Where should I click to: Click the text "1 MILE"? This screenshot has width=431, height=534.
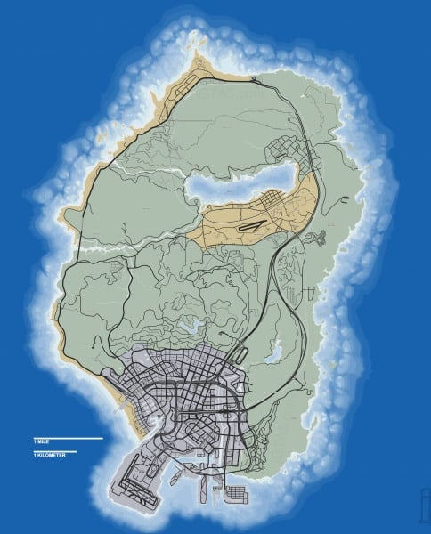coord(40,433)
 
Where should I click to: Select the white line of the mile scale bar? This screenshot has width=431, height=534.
coord(68,439)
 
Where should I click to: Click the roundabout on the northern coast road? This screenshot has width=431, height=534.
coord(256,81)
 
